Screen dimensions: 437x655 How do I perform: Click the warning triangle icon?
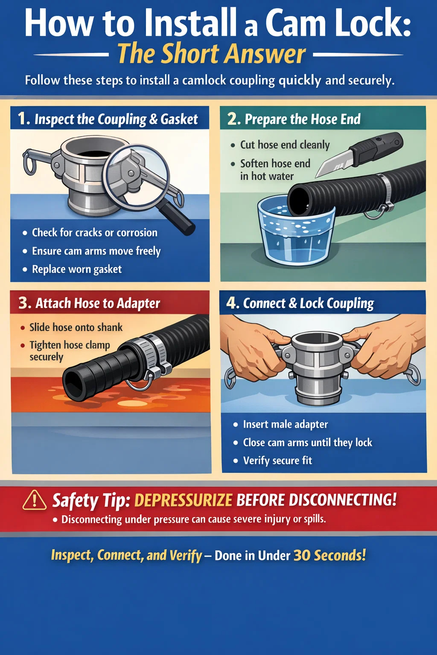point(35,501)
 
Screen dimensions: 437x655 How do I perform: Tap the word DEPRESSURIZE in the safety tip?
point(184,500)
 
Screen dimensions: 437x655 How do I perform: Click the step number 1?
point(24,119)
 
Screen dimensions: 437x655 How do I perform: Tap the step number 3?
point(25,303)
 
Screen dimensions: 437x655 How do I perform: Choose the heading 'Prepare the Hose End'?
point(303,119)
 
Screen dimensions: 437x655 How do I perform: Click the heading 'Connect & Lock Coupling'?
point(309,304)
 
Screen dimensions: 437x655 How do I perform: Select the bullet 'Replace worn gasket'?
point(77,270)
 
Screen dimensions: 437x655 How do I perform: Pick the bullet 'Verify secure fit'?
point(277,461)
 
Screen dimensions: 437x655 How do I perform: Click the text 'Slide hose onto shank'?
point(76,327)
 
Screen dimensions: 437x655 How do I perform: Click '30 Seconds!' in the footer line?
point(329,555)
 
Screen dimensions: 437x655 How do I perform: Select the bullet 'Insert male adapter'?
point(286,424)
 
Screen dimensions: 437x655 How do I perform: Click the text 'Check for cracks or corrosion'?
point(95,233)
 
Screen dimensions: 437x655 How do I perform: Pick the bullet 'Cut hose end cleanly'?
point(285,145)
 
